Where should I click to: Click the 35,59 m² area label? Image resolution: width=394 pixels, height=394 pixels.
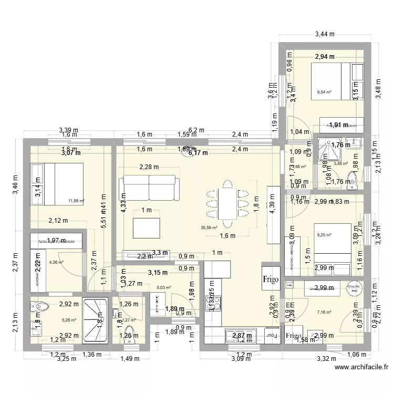pyautogui.click(x=209, y=227)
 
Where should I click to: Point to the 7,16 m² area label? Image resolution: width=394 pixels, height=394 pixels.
pyautogui.click(x=324, y=312)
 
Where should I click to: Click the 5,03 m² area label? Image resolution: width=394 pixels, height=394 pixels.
pyautogui.click(x=164, y=287)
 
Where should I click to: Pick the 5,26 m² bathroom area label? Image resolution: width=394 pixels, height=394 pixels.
pyautogui.click(x=69, y=319)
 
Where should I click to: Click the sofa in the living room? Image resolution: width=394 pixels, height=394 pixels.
pyautogui.click(x=149, y=188)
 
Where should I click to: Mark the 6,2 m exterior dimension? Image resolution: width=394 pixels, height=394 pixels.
pyautogui.click(x=196, y=130)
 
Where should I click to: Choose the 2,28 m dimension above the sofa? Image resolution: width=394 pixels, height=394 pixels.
pyautogui.click(x=149, y=168)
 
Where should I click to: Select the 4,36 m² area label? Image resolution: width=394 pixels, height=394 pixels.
pyautogui.click(x=56, y=262)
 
